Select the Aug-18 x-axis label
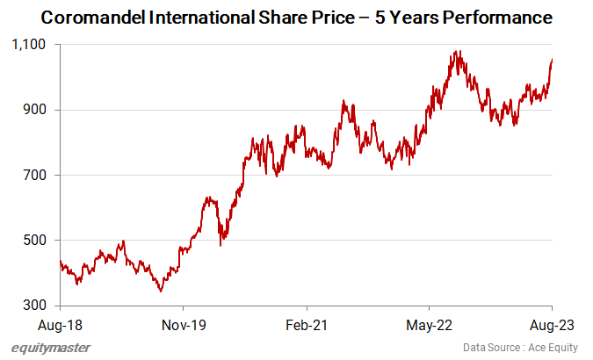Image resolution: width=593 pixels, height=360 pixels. point(60,324)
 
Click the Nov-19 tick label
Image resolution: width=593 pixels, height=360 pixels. point(183,324)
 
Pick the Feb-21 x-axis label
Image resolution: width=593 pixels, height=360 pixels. point(306,324)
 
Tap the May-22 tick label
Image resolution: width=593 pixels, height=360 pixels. point(429,324)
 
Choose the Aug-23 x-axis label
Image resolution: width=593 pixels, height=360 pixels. point(552,324)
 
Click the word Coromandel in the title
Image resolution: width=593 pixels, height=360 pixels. point(93,17)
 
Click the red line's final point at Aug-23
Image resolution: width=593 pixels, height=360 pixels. point(552,59)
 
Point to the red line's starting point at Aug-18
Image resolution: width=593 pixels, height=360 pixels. point(60,261)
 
